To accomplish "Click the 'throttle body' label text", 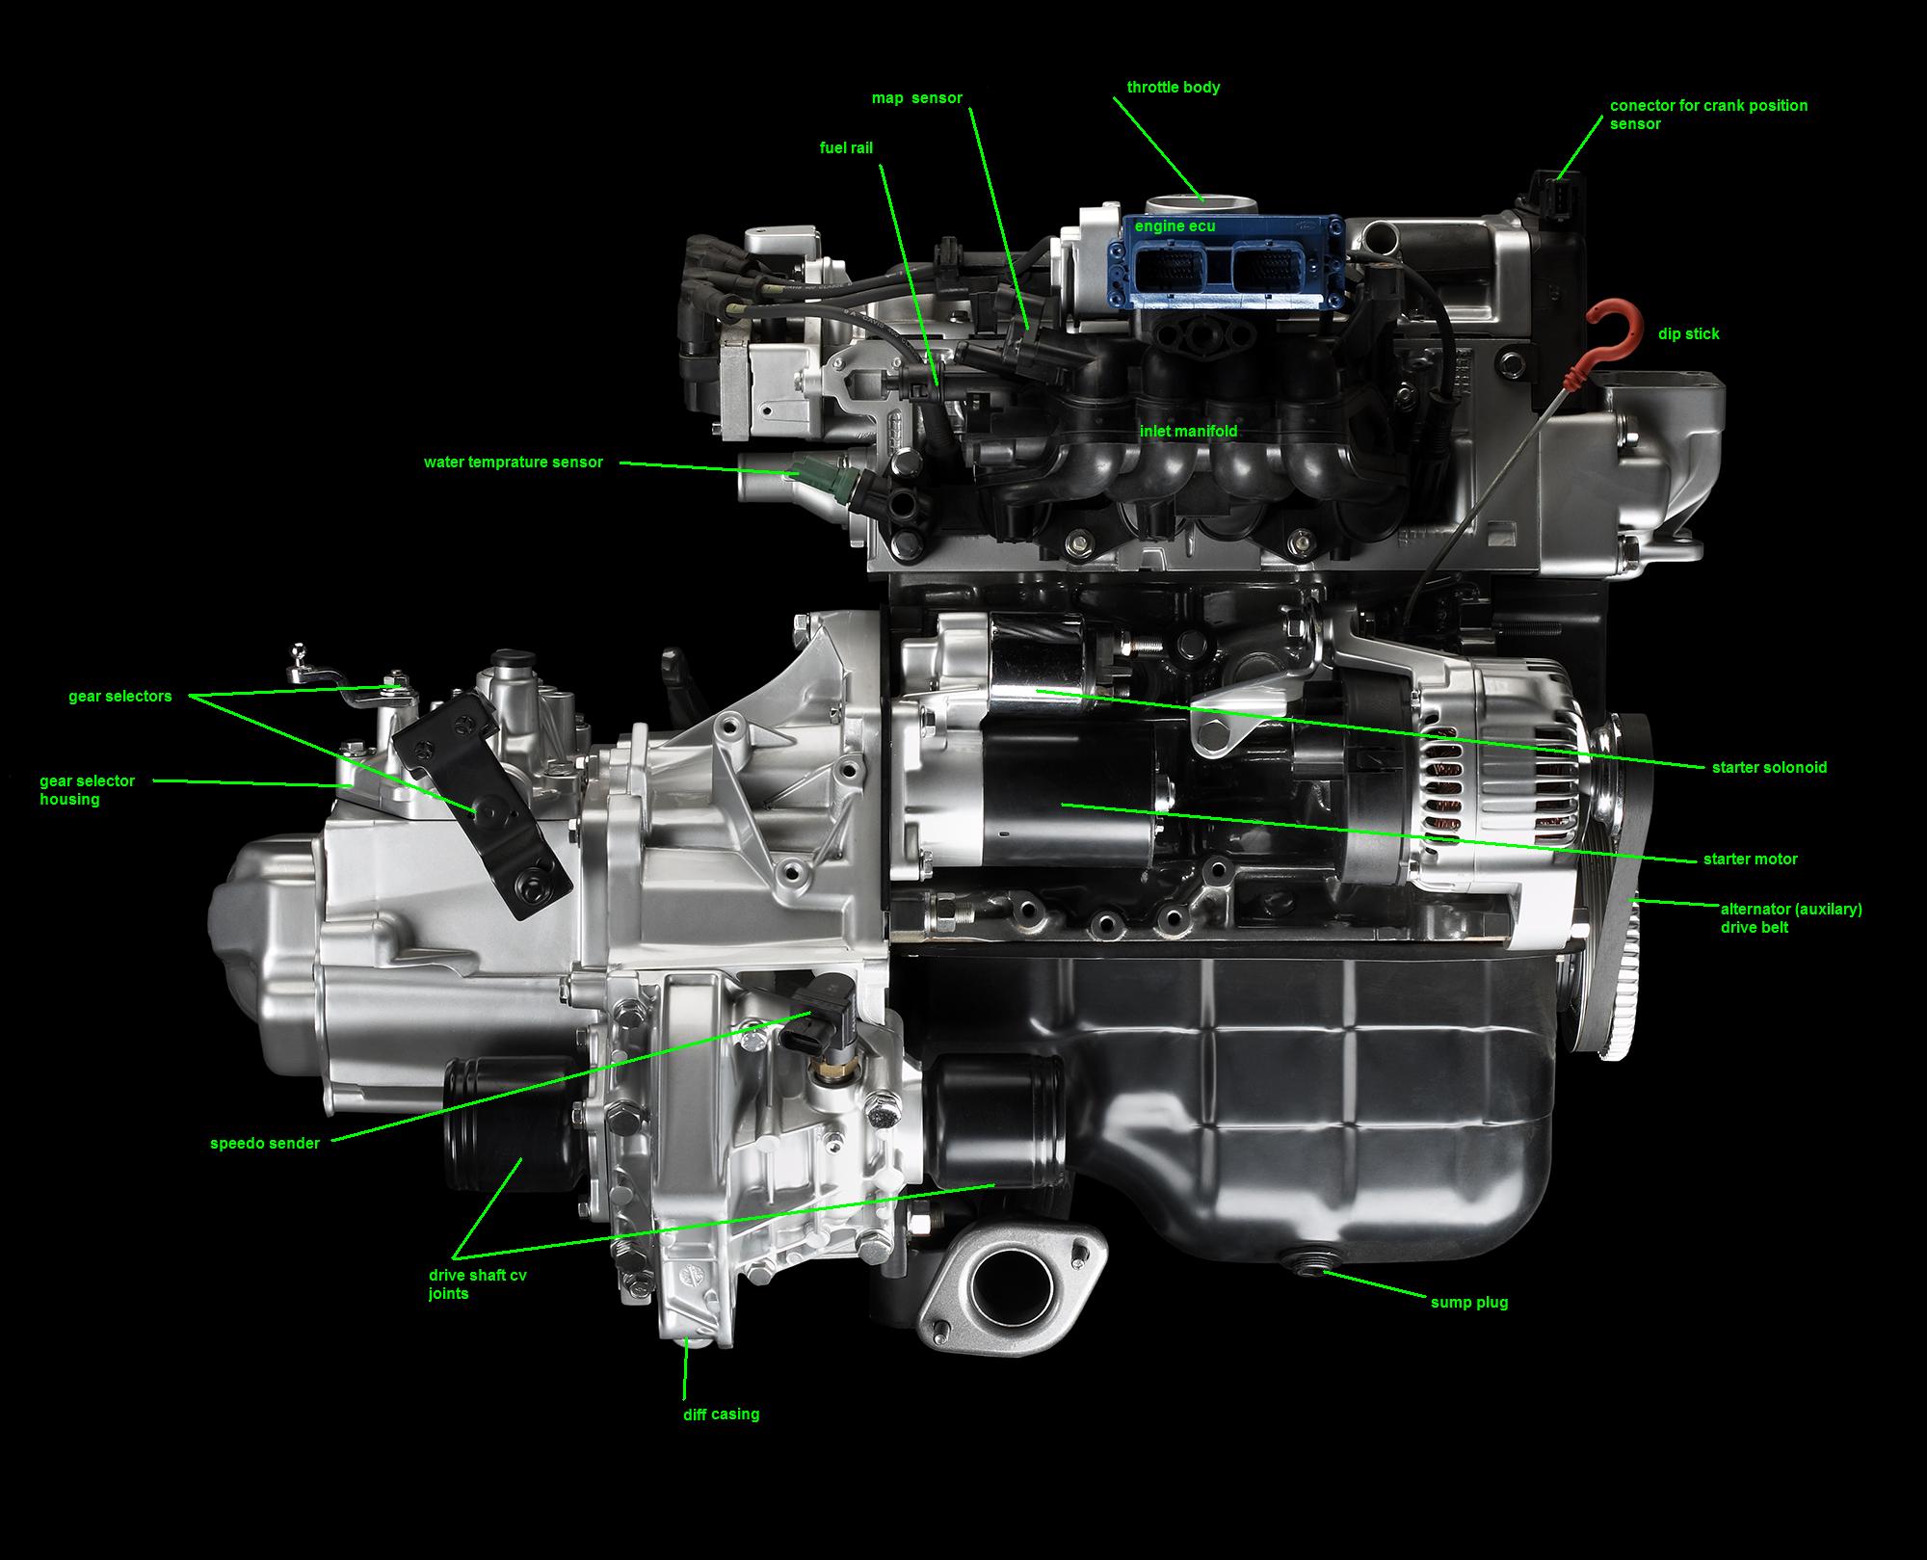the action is pyautogui.click(x=1173, y=88).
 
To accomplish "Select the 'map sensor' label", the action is pyautogui.click(x=916, y=98).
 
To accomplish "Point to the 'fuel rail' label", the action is pyautogui.click(x=846, y=148).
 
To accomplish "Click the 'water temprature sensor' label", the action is pyautogui.click(x=514, y=463).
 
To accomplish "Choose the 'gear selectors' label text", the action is pyautogui.click(x=119, y=697).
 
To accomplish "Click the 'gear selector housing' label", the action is pyautogui.click(x=87, y=790).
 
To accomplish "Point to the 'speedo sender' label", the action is pyautogui.click(x=265, y=1144).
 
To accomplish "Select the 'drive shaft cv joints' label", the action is pyautogui.click(x=477, y=1284).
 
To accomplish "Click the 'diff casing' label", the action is pyautogui.click(x=721, y=1415).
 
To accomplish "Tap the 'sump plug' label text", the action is pyautogui.click(x=1468, y=1303).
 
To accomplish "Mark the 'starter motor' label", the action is pyautogui.click(x=1750, y=859).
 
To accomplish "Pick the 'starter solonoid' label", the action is pyautogui.click(x=1769, y=768).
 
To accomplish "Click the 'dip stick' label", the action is pyautogui.click(x=1688, y=334).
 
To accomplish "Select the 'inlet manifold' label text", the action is pyautogui.click(x=1188, y=432).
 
